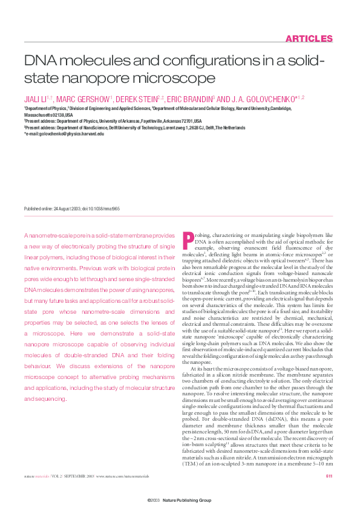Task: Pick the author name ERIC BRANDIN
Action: point(189,99)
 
